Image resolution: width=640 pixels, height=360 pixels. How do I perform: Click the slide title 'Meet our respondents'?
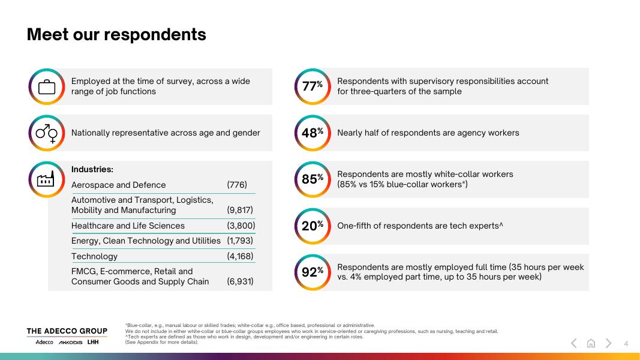(116, 35)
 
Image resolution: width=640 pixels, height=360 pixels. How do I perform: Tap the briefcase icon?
(46, 87)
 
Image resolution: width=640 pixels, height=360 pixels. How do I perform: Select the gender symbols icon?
(46, 133)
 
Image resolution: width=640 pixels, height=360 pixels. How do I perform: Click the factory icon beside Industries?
(46, 179)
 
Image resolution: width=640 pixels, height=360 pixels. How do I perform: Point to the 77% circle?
(313, 86)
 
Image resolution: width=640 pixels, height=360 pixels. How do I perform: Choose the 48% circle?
(313, 133)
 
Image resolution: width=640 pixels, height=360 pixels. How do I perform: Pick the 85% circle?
(313, 179)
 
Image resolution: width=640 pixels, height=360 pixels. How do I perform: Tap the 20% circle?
(313, 226)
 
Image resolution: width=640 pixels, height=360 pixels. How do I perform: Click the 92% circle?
(313, 272)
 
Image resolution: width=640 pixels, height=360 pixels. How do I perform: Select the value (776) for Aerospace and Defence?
(237, 185)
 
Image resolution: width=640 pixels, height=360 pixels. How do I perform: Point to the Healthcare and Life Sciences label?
(128, 226)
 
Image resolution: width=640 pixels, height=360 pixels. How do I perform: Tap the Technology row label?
(94, 256)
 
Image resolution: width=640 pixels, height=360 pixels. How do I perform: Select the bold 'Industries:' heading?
(92, 170)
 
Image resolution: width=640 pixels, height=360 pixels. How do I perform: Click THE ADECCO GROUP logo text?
(67, 331)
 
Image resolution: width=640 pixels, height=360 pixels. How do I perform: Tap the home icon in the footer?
(591, 343)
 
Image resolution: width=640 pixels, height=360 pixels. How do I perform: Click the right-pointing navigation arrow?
(608, 343)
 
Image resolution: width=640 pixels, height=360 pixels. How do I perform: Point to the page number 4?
(626, 343)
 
